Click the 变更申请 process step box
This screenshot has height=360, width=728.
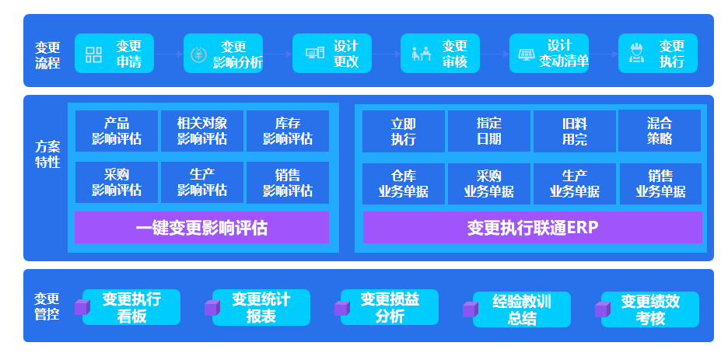point(114,54)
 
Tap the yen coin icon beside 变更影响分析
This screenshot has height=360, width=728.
point(198,54)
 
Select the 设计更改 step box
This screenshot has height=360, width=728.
point(332,54)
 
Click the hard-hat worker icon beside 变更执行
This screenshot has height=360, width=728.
point(636,53)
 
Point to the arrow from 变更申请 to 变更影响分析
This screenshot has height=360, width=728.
point(169,54)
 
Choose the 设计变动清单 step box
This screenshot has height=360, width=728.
point(549,54)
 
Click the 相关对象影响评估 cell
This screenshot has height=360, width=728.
point(202,131)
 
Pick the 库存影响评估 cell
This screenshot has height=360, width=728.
point(288,131)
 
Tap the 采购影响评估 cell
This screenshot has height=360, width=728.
point(117,182)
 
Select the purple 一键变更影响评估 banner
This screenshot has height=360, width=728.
point(202,227)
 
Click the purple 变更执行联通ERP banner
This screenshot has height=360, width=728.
point(533,227)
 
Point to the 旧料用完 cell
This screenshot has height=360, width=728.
point(574,131)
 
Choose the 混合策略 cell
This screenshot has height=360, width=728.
point(660,131)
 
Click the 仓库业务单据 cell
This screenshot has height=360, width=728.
point(404,183)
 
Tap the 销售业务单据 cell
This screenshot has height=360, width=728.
point(660,183)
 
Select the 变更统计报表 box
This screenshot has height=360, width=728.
point(261,307)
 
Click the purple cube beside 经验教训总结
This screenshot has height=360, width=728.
point(471,309)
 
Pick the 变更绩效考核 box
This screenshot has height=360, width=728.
point(650,309)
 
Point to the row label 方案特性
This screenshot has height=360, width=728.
point(47,155)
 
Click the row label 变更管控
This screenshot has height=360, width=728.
point(47,306)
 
